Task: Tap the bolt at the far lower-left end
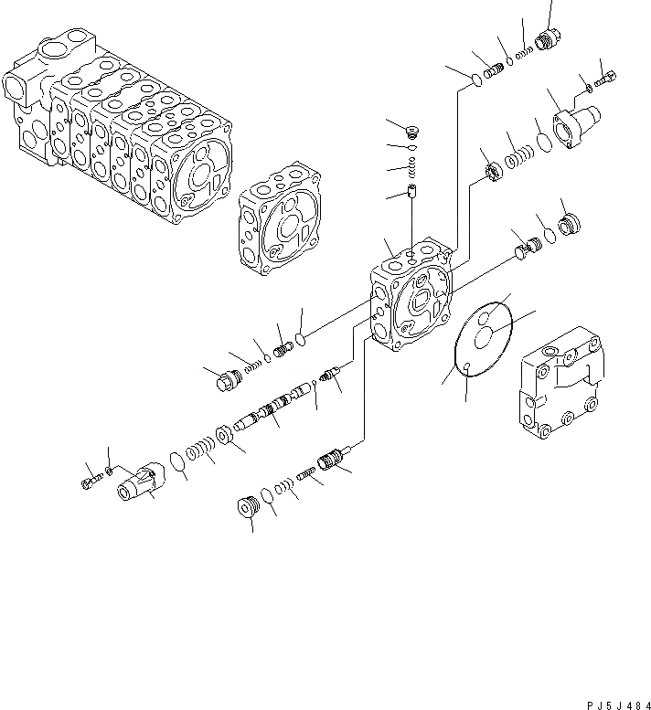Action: pos(88,478)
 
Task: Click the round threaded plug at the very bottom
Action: pos(245,507)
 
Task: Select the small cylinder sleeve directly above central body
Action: pos(411,195)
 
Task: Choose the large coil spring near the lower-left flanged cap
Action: pos(200,451)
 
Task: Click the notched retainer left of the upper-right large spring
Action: pos(491,172)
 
